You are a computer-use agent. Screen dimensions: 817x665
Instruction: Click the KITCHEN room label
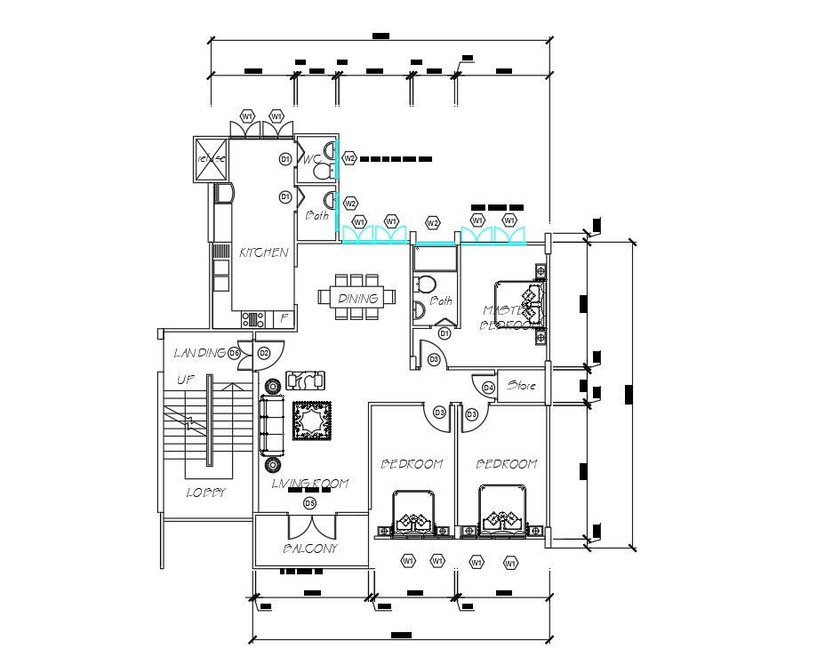(x=263, y=253)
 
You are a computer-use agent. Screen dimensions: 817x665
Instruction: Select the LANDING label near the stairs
(x=199, y=353)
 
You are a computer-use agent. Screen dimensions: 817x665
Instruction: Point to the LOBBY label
(x=205, y=492)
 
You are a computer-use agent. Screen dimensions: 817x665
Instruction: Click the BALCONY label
(x=310, y=549)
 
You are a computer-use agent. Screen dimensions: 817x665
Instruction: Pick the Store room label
(x=521, y=386)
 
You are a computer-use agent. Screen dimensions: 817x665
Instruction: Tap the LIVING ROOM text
(x=309, y=484)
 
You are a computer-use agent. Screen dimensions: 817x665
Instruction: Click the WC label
(x=310, y=160)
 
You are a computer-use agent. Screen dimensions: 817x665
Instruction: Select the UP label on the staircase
(x=185, y=380)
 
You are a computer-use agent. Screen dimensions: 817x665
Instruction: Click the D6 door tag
(x=235, y=353)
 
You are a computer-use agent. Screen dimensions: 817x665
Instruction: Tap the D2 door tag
(x=264, y=353)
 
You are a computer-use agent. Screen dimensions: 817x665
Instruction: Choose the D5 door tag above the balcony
(x=309, y=503)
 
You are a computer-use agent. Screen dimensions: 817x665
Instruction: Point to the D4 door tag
(x=488, y=388)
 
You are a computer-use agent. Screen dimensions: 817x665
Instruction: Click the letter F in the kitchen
(x=284, y=316)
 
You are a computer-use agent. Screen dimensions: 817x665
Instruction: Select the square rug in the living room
(x=312, y=421)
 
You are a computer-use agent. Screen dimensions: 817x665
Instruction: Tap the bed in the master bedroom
(x=517, y=306)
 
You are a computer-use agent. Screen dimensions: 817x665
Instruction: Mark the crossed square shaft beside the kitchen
(x=212, y=158)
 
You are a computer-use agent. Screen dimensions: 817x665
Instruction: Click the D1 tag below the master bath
(x=444, y=333)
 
